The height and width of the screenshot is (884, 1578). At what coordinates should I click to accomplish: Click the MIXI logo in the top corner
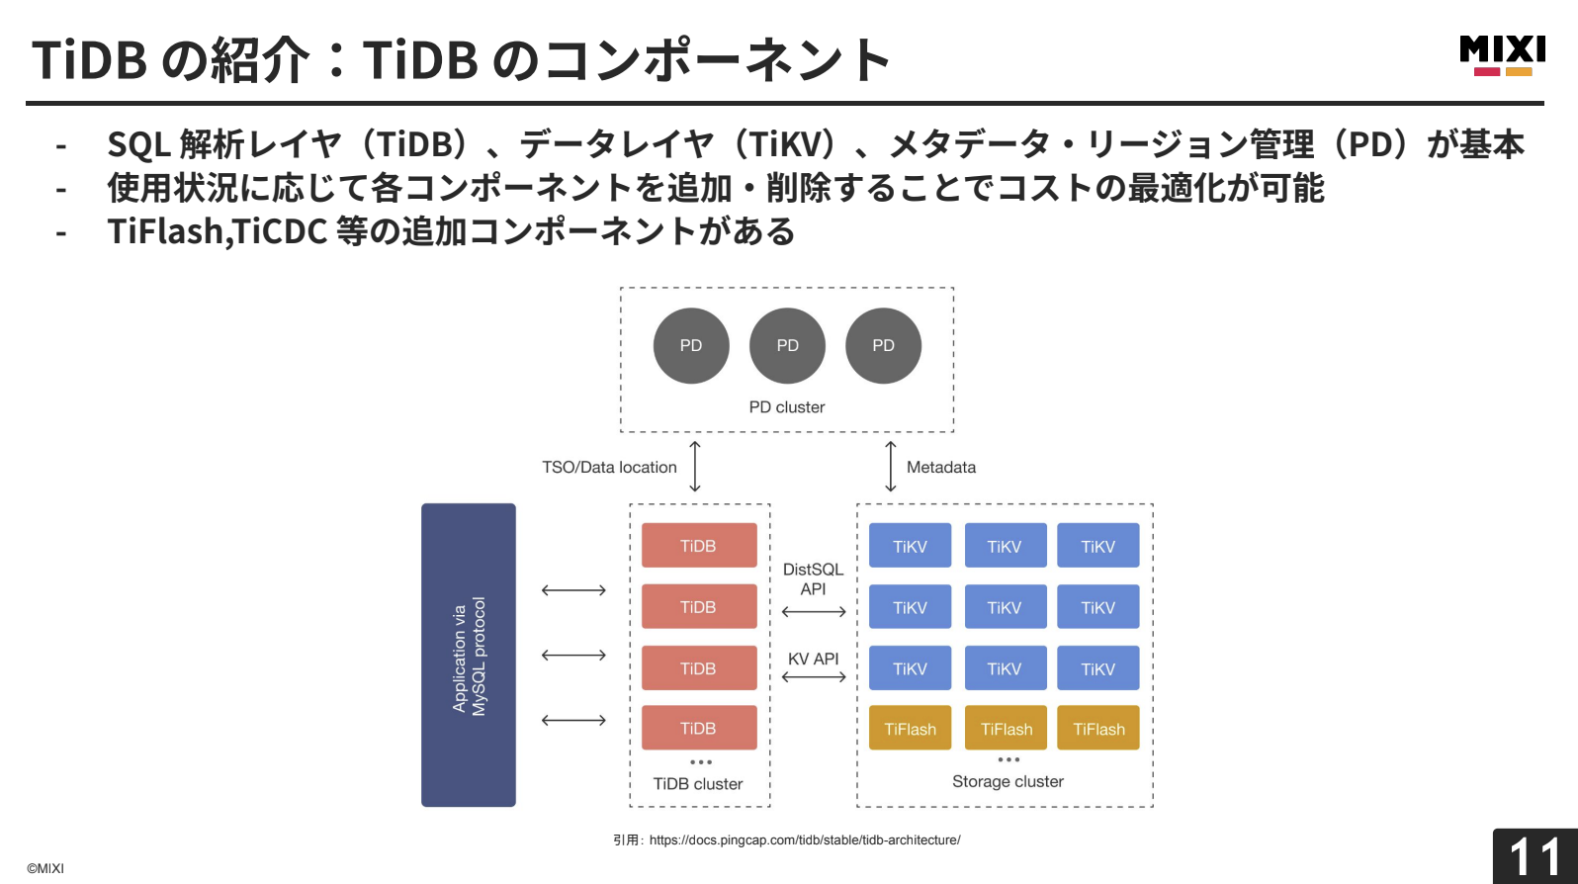coord(1502,55)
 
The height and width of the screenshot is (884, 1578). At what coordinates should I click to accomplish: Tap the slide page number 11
coord(1534,856)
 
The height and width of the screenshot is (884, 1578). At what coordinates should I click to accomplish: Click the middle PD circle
coord(787,345)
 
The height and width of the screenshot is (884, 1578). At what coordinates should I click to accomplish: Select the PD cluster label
coord(786,407)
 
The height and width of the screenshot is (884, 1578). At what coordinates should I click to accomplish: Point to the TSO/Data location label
coord(609,468)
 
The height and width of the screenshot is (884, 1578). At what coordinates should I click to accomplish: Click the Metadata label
coord(940,468)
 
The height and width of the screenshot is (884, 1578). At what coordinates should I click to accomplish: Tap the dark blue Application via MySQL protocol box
coord(469,655)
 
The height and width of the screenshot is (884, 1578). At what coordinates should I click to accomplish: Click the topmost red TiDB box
coord(698,546)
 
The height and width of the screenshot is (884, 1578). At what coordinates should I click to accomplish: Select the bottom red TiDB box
coord(698,729)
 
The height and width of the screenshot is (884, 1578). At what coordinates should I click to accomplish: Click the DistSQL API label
coord(813,579)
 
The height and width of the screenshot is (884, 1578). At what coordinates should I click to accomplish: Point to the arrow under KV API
coord(813,677)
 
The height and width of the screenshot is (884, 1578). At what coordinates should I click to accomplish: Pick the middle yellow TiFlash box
coord(1006,729)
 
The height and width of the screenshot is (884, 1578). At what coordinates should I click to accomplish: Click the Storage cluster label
coord(1008,781)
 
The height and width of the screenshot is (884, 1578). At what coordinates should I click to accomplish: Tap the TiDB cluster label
coord(698,784)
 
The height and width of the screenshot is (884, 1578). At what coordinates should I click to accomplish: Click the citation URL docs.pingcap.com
coord(804,840)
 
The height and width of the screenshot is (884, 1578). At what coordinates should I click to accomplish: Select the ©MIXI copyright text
coord(45,868)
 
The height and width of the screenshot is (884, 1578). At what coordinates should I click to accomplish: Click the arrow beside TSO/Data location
coord(695,467)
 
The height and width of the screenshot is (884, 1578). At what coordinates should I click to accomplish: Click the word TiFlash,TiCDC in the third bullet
coord(218,231)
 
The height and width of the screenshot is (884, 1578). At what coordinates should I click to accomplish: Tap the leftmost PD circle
coord(691,345)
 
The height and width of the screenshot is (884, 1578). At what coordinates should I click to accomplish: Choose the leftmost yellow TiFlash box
coord(910,729)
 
